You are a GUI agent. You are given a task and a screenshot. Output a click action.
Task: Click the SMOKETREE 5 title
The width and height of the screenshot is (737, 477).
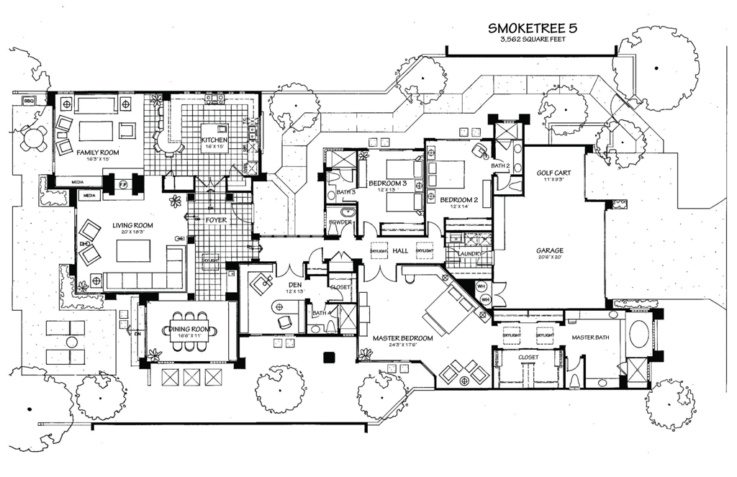533,28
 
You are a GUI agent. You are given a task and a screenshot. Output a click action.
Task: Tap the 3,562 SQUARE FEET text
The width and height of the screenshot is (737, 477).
533,40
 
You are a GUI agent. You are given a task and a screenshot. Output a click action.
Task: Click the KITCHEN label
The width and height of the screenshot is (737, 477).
214,140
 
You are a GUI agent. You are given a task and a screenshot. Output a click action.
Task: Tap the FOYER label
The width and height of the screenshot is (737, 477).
217,219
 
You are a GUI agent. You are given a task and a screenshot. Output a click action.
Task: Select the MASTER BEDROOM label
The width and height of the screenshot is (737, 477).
402,337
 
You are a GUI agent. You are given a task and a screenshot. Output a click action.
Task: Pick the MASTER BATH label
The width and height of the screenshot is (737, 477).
592,337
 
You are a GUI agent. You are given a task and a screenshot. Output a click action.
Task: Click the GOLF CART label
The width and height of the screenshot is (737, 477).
552,173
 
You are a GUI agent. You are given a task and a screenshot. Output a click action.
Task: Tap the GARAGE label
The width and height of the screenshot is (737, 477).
548,251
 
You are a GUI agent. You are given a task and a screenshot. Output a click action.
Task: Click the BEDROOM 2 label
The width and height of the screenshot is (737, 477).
459,199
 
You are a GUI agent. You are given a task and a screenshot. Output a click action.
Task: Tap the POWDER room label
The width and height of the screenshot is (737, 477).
340,222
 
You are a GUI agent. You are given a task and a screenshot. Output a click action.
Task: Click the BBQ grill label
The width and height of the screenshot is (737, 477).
30,100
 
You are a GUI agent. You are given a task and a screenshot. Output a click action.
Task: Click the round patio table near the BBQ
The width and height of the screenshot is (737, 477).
33,137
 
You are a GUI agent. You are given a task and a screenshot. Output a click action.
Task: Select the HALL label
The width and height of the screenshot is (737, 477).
400,250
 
